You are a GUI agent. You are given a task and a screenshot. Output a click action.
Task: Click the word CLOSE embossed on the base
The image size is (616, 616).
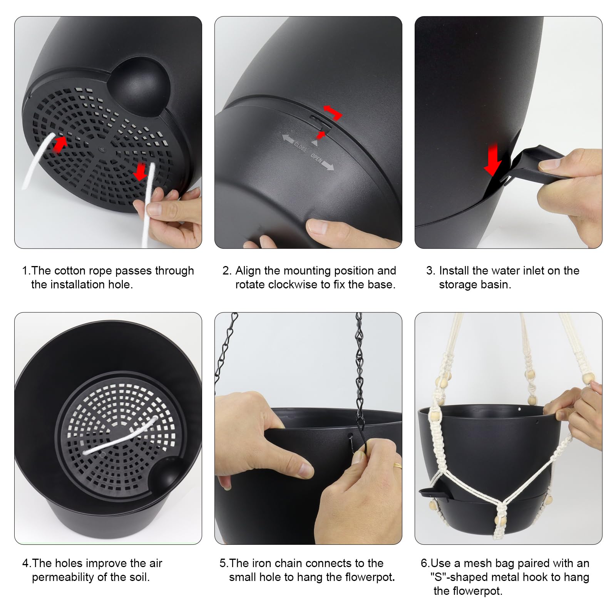pyautogui.click(x=300, y=146)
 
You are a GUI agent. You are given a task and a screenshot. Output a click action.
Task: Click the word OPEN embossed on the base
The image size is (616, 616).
pyautogui.click(x=316, y=157)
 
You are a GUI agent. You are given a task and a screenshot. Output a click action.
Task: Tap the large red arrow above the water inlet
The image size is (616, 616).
pyautogui.click(x=493, y=159)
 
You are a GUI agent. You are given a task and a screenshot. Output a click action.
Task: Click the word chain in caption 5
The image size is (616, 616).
pyautogui.click(x=304, y=563)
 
